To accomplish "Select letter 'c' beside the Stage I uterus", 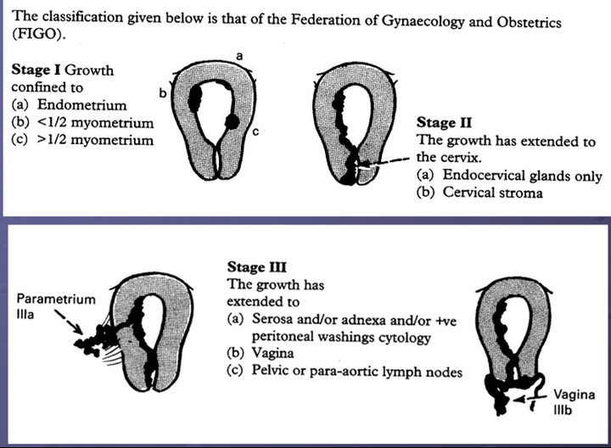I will click(255, 131).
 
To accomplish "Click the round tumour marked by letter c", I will click(231, 123).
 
